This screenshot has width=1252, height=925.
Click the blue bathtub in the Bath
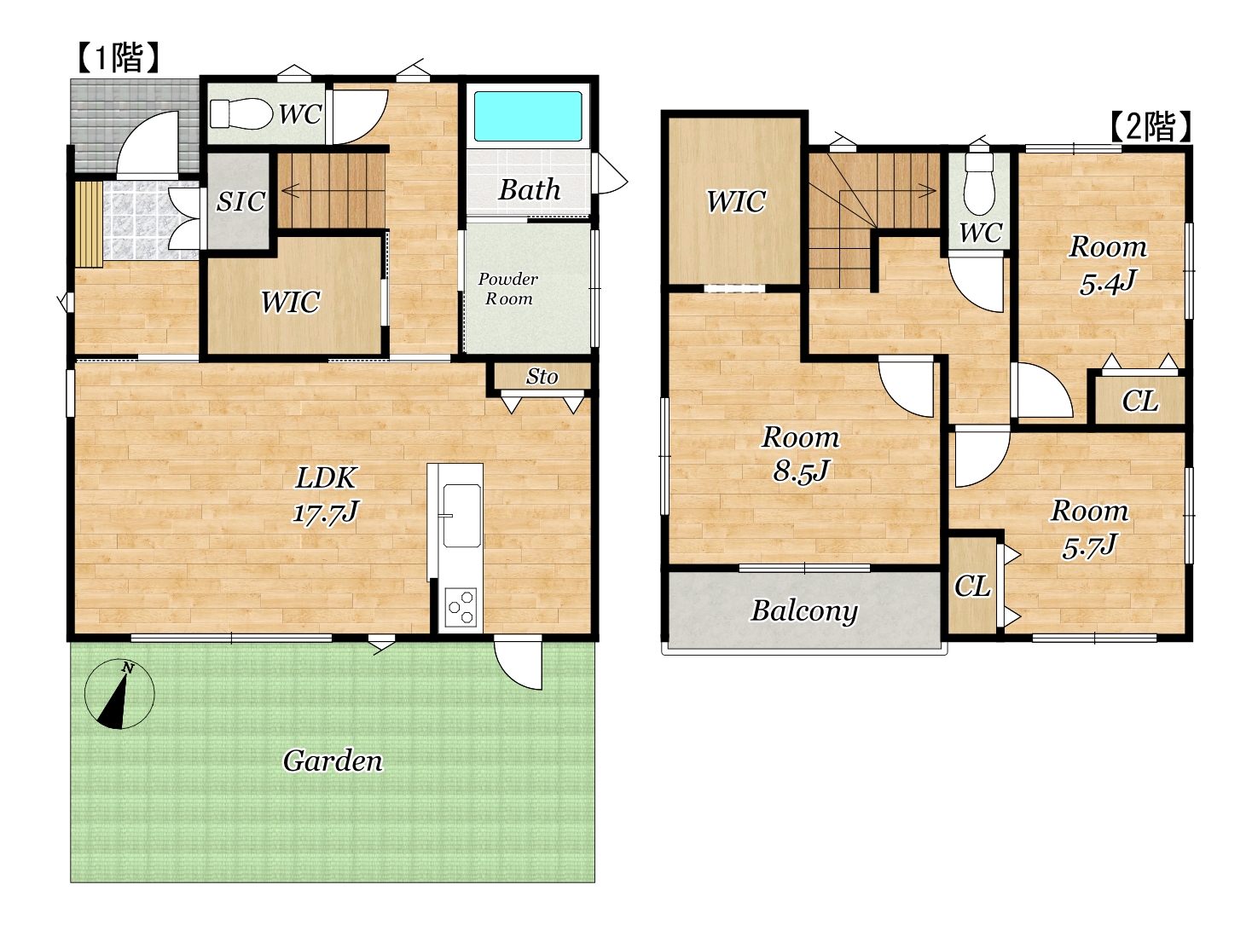coord(527,116)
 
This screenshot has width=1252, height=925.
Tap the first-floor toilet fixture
coord(241,113)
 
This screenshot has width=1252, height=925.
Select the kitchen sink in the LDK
coord(461,515)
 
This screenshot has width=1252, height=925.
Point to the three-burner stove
coord(461,607)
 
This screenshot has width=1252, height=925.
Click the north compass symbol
coord(119,694)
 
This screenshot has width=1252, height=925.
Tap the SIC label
coord(241,201)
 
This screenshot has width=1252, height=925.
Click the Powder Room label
coord(508,288)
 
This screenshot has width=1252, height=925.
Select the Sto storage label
coord(542,377)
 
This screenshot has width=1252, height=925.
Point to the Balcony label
coord(803,611)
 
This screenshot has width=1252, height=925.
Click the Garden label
coord(333,760)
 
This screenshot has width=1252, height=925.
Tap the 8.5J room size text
coord(801,471)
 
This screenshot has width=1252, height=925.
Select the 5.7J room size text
coord(1089,546)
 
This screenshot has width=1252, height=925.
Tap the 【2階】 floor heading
coord(1151,126)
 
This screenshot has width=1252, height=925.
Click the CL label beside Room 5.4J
coord(1139,402)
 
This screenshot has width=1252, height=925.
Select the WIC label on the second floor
coord(736,201)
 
